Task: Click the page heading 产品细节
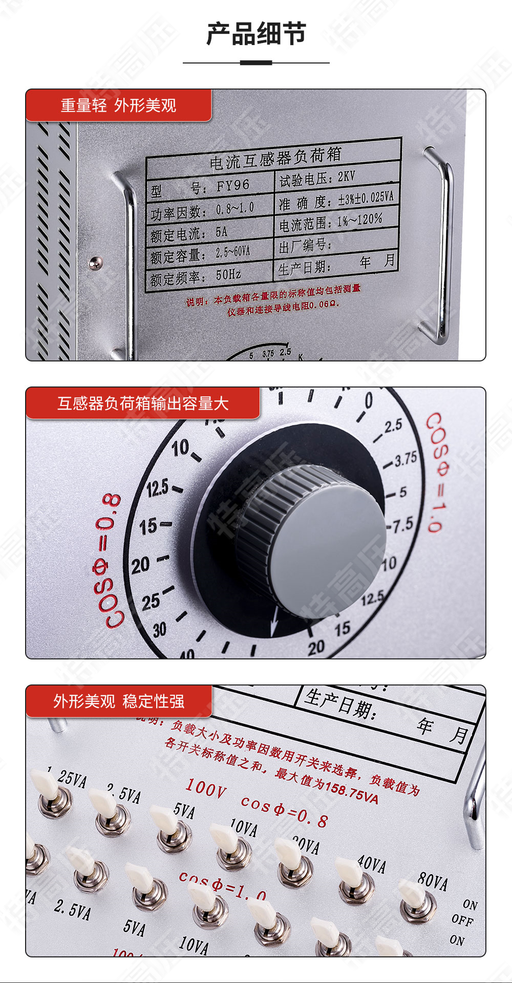coord(256,34)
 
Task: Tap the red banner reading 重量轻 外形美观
coord(118,105)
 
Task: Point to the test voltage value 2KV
coord(346,177)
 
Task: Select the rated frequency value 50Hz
coord(228,275)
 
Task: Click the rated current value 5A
coord(221,232)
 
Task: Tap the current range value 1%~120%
coord(359,220)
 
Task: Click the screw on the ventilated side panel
coord(96,264)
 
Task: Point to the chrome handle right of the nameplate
coord(440,246)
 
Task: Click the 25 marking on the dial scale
coord(151,602)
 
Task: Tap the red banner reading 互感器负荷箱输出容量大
coord(143,403)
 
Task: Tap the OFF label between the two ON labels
coord(462,920)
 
